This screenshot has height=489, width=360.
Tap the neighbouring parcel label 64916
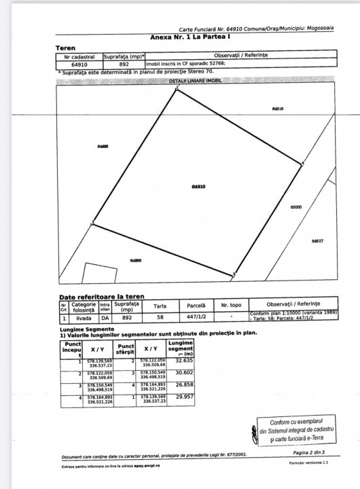tap(276, 109)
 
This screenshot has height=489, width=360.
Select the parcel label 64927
tap(317, 241)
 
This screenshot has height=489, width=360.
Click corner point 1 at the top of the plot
tap(177, 89)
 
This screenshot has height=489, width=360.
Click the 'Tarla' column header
tap(160, 306)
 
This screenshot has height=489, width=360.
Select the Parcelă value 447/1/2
tap(197, 316)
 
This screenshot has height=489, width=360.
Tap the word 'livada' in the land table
tap(83, 316)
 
